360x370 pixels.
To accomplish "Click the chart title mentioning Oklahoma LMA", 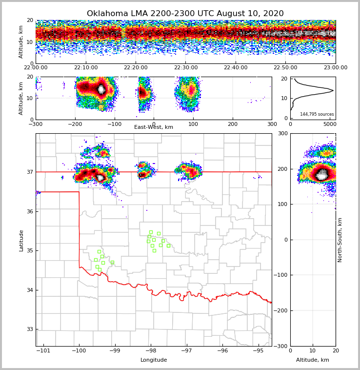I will pos(185,14).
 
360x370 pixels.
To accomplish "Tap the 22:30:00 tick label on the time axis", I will pos(186,68).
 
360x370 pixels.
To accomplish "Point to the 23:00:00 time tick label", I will pos(335,68).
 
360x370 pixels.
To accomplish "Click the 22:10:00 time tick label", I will pos(86,68).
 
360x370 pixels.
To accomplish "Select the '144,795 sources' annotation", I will pos(317,114).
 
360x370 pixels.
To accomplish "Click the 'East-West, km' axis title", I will pos(154,127).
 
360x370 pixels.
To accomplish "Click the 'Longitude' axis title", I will pos(154,360).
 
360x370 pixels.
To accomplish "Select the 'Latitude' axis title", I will pos(21,240).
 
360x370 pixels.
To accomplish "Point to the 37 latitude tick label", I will pos(29,172).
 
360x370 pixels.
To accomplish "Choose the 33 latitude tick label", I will pos(29,329).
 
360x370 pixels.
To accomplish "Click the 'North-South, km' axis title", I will pos(340,240).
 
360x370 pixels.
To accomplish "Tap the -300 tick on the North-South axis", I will pos(282,346).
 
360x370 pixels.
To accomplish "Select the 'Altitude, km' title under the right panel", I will pos(313,360).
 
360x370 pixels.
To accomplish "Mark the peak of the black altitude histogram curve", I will pos(333,90).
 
